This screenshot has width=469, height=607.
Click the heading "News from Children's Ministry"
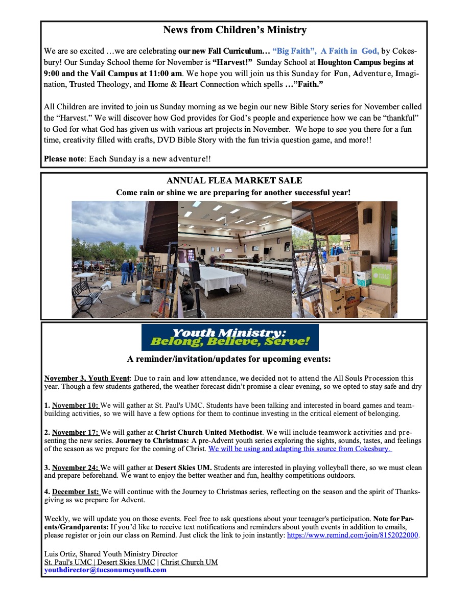(235, 30)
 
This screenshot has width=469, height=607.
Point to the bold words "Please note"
(63, 159)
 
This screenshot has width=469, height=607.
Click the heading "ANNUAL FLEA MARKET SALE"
(234, 181)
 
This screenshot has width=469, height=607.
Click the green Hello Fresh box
(385, 274)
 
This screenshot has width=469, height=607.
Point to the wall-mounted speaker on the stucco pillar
(367, 216)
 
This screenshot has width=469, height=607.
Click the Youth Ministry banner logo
(230, 337)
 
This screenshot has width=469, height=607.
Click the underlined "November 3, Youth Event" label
(87, 379)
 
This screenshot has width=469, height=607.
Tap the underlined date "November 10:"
(75, 406)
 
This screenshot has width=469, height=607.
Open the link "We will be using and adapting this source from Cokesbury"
(299, 449)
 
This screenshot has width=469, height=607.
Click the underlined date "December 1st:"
(76, 492)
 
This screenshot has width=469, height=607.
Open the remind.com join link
(353, 535)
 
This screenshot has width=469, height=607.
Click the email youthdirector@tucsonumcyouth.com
(105, 570)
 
